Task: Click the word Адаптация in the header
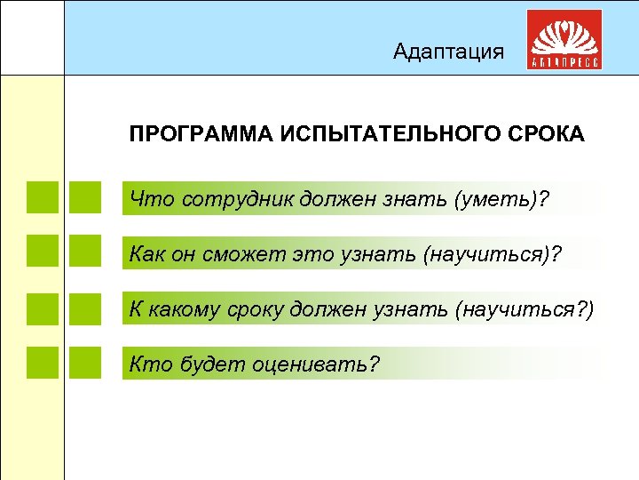point(448,52)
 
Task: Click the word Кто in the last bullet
point(146,363)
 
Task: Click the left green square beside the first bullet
point(43,198)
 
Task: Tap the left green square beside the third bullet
point(43,308)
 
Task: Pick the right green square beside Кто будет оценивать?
point(85,363)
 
